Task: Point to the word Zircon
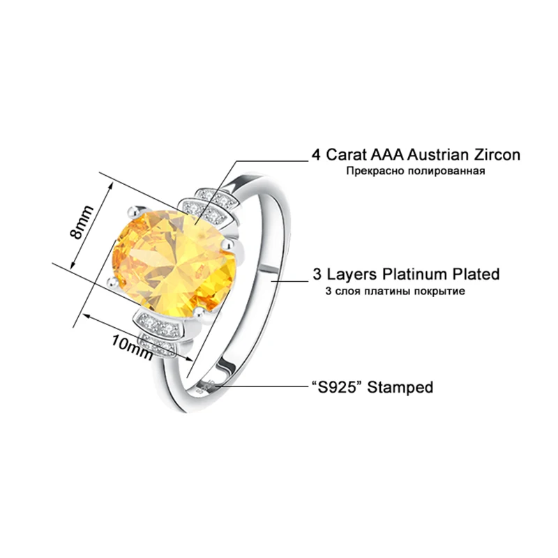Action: [496, 155]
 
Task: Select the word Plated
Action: [474, 274]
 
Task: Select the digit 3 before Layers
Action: [315, 274]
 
